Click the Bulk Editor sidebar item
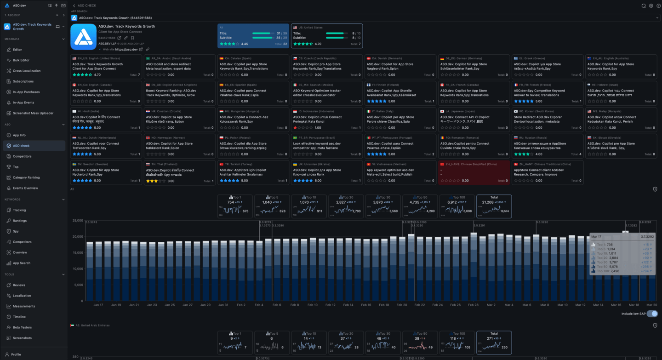coord(21,60)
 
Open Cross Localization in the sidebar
coord(26,71)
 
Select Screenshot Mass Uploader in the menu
coord(33,113)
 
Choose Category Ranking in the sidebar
coord(26,177)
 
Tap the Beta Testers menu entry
coord(22,327)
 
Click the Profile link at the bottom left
coord(16,354)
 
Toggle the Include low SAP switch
coord(652,314)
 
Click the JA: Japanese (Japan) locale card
coord(474,120)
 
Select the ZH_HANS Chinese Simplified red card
coord(474,172)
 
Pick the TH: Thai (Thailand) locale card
coord(179,172)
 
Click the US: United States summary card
coord(326,36)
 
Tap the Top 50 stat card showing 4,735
coord(419,206)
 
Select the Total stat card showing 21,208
coord(494,206)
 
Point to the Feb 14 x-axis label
coord(348,305)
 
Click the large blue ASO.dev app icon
coord(83,37)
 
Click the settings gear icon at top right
coord(651,6)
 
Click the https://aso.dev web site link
coord(126,49)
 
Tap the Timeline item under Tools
coord(19,317)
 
